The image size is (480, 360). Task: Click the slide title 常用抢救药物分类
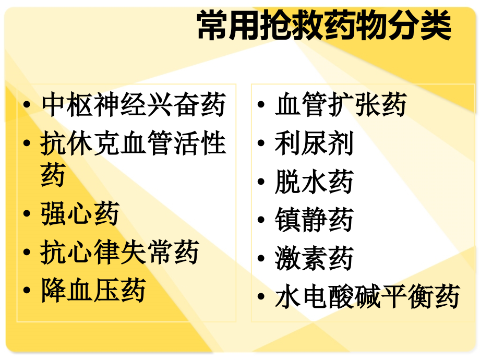(x=323, y=27)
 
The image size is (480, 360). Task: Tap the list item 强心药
(x=80, y=214)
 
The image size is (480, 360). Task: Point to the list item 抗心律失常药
(x=119, y=253)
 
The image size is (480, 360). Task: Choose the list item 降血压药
(x=93, y=290)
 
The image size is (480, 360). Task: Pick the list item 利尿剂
(x=314, y=143)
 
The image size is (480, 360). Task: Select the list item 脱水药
(x=314, y=182)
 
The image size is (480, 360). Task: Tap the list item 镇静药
(x=314, y=220)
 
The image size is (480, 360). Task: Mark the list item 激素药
(x=314, y=259)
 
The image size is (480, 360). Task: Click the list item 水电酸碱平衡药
(x=367, y=297)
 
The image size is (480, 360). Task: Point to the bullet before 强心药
(x=27, y=215)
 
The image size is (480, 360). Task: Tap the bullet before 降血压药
(x=27, y=292)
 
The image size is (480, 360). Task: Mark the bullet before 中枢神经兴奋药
(x=27, y=106)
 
